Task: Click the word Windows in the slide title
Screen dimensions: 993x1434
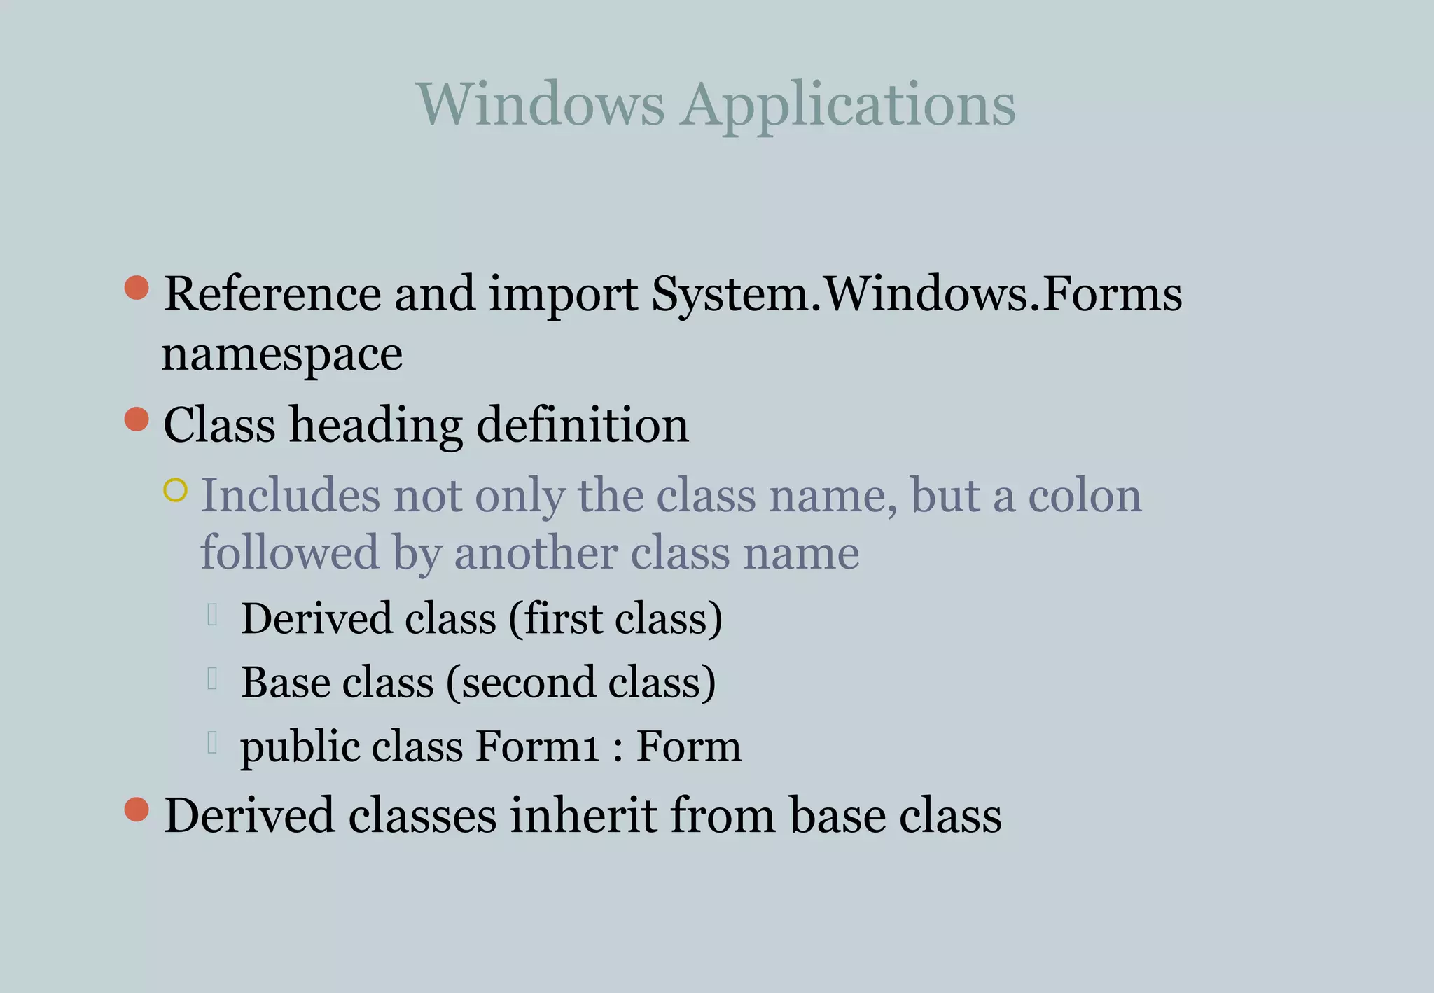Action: [x=540, y=104]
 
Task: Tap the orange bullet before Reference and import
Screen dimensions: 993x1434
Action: [x=137, y=287]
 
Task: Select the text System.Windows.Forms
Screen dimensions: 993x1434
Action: [x=917, y=293]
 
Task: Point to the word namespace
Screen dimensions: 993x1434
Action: [x=281, y=354]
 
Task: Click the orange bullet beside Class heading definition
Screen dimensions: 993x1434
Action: [x=137, y=419]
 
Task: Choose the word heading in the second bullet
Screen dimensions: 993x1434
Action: [x=376, y=425]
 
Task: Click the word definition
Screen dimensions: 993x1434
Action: [x=583, y=425]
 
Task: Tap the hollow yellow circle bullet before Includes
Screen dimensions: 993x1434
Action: [x=175, y=490]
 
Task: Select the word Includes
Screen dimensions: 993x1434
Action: [x=291, y=496]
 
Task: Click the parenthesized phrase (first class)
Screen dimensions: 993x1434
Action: [x=615, y=619]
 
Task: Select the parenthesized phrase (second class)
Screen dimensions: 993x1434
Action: [x=580, y=683]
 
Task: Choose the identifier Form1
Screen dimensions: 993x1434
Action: [x=538, y=746]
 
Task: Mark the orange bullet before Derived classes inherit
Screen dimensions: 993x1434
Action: [x=137, y=810]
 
